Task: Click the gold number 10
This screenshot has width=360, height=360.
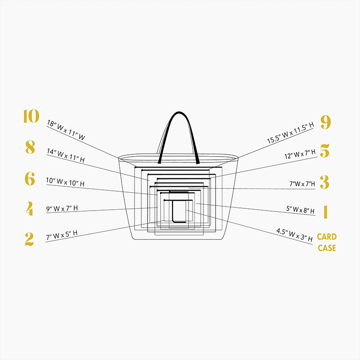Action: tap(31, 116)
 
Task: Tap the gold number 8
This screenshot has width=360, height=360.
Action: tap(30, 147)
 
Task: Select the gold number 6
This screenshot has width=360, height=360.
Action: tap(30, 179)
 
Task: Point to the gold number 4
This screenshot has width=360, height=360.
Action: tap(30, 208)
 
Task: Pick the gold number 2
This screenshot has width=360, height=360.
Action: tap(29, 239)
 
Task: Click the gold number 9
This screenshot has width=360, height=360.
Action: tap(325, 122)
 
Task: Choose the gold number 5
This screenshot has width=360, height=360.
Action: tap(324, 151)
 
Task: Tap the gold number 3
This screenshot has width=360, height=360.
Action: tap(324, 182)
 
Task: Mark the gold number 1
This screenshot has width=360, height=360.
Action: tap(325, 211)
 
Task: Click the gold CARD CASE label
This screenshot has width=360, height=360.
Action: tap(327, 242)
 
